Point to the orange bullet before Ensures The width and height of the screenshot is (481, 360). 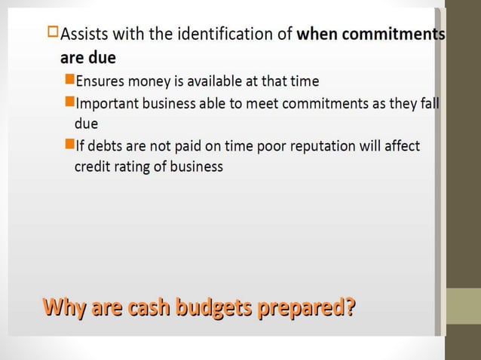69,79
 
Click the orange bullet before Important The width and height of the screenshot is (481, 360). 69,102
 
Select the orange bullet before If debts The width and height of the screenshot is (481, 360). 69,145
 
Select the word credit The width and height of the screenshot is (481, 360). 91,166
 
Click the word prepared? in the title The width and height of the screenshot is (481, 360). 307,309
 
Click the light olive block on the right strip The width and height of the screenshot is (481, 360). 464,306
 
